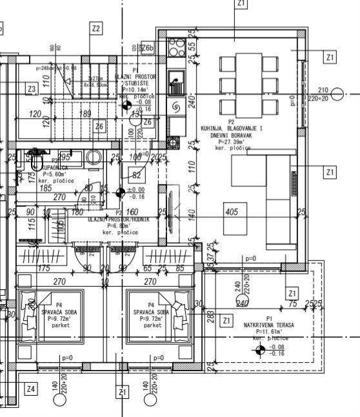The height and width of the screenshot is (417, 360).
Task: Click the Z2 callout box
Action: (95, 28)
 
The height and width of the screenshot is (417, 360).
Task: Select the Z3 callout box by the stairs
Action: (31, 88)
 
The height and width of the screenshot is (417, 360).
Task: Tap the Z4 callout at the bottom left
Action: (30, 389)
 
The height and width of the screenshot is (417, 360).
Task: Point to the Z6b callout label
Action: (147, 48)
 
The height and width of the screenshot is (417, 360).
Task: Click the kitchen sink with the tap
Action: (175, 83)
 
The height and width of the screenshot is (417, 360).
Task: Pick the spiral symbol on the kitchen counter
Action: (175, 107)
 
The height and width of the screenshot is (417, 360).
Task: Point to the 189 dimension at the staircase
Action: (85, 114)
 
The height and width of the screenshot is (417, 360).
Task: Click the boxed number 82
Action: (136, 175)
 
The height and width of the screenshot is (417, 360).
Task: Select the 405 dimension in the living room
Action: (232, 211)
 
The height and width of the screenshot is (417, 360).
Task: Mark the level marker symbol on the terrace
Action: (259, 349)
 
